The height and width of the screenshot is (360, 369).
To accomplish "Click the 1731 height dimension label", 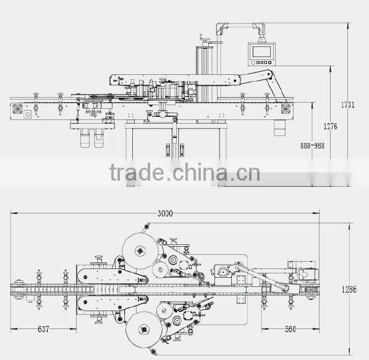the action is click(348, 105).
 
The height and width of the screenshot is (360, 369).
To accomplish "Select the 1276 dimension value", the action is click(330, 126).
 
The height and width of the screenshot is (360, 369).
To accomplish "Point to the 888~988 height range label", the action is click(312, 145).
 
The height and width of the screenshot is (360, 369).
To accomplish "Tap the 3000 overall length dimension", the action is click(165, 213).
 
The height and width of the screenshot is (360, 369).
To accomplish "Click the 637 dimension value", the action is click(43, 329).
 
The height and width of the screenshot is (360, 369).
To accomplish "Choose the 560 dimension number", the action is click(291, 329).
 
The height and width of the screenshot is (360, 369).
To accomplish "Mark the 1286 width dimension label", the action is click(349, 289).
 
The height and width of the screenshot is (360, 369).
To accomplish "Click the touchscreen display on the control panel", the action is click(261, 51).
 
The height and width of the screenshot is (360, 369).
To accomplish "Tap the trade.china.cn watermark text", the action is click(185, 172).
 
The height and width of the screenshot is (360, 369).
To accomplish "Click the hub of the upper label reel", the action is click(140, 251).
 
